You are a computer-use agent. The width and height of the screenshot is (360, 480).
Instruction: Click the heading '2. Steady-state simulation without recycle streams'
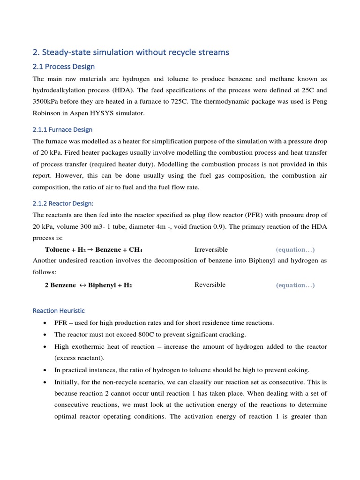pos(131,52)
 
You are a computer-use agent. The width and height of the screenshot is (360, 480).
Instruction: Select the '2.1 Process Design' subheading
pos(63,67)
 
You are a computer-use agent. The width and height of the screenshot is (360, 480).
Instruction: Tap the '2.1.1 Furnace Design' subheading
pos(62,129)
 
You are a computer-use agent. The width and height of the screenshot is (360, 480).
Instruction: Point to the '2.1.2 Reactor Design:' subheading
pos(63,203)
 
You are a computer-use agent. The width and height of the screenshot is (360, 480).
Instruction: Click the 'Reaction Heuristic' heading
pos(59,310)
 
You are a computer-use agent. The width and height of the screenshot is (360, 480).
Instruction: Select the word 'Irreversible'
pos(211,249)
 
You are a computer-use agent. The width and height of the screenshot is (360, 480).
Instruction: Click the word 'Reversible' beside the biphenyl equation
pos(210,285)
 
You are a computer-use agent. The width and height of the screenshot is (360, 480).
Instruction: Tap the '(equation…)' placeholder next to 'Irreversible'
pos(295,249)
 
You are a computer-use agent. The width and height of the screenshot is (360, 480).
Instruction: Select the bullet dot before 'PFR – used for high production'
pos(44,323)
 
